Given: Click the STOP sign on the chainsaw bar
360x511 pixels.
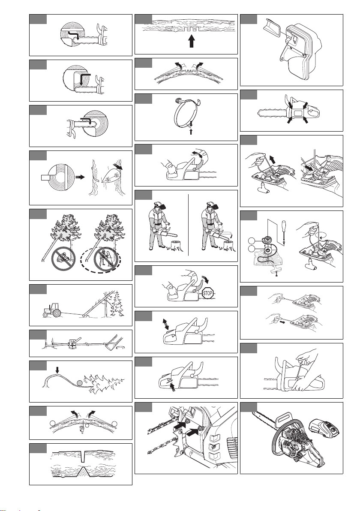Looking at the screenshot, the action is (207, 293).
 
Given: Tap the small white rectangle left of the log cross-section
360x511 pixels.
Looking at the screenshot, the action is (45, 177).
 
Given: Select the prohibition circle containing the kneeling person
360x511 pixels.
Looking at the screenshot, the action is (63, 259).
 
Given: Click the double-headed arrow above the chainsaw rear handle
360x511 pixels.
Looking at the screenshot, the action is (166, 324).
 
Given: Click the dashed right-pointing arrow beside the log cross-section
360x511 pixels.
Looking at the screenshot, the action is (79, 177).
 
